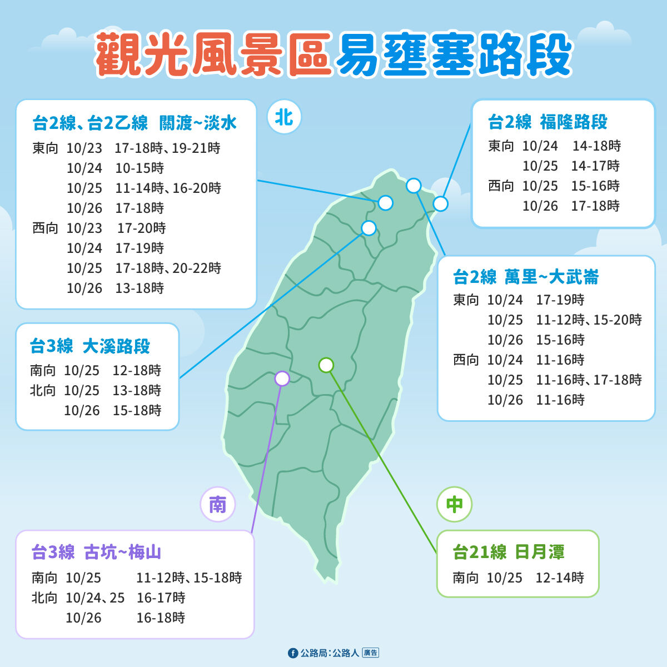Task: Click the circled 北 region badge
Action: [x=284, y=117]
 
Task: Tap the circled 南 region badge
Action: [x=218, y=505]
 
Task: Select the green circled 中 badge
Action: [x=455, y=505]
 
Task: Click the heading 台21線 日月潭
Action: [x=509, y=552]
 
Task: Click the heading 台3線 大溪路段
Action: [x=90, y=346]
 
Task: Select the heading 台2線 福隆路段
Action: [x=547, y=122]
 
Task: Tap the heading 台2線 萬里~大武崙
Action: [x=526, y=277]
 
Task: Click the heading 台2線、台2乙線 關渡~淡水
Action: [x=135, y=123]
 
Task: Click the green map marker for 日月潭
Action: [x=326, y=365]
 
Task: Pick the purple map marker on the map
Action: [x=282, y=379]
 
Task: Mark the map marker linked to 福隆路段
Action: [x=440, y=204]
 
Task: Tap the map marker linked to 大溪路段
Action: [x=369, y=228]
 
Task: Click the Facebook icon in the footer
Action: [x=293, y=653]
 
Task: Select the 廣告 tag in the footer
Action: [x=371, y=653]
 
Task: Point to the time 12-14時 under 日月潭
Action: [x=560, y=578]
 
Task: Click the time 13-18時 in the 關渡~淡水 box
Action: [x=140, y=288]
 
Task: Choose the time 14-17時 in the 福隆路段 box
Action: [x=595, y=166]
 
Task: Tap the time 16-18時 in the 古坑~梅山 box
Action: [x=161, y=618]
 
